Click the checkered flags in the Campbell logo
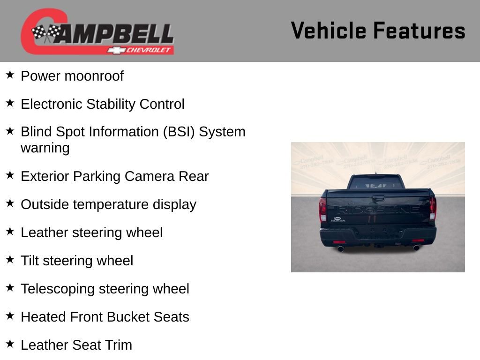pyautogui.click(x=46, y=33)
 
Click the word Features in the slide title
pyautogui.click(x=419, y=31)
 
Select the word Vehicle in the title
pyautogui.click(x=328, y=31)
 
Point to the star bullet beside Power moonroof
pyautogui.click(x=10, y=75)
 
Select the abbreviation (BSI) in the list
pyautogui.click(x=178, y=132)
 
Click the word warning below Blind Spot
pyautogui.click(x=45, y=148)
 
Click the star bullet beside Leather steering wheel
pyautogui.click(x=10, y=231)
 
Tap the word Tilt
pyautogui.click(x=30, y=261)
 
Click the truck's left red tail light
pyautogui.click(x=322, y=209)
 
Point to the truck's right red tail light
pyautogui.click(x=433, y=209)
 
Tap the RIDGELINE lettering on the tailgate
pyautogui.click(x=378, y=210)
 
